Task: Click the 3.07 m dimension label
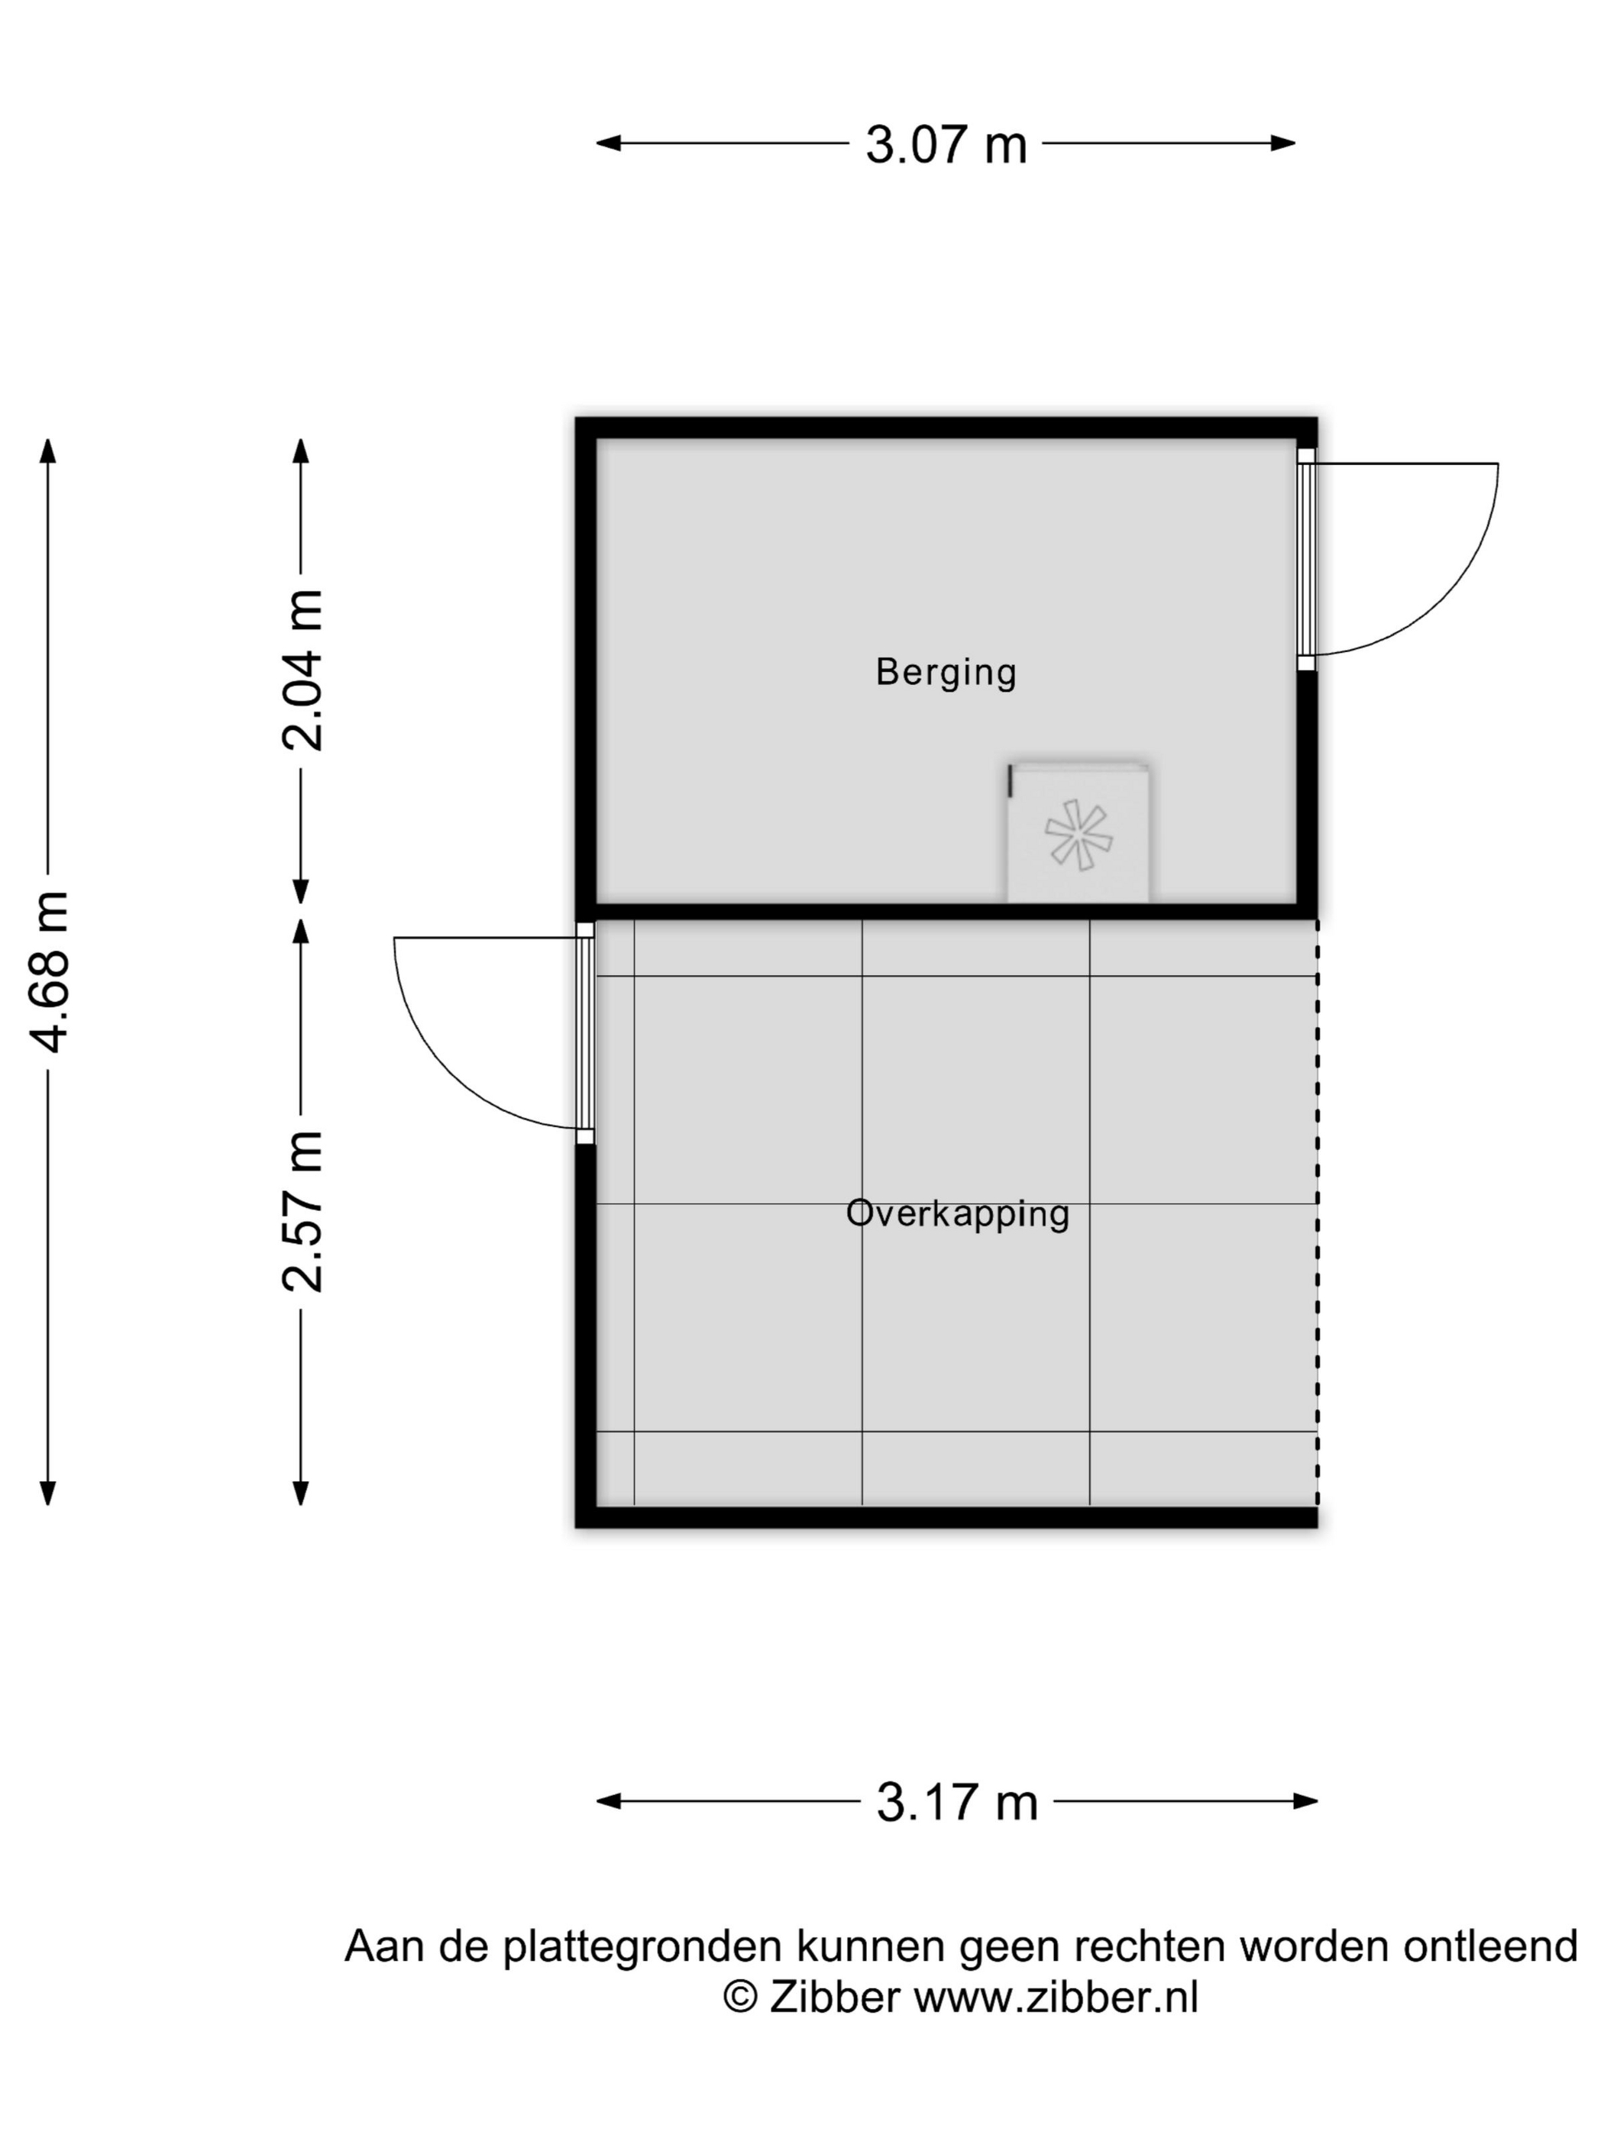(945, 145)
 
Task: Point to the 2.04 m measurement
(302, 670)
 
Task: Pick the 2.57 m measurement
(302, 1210)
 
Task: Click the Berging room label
(946, 673)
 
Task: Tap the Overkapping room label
(957, 1214)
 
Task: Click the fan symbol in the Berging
(1077, 833)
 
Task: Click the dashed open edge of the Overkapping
(1317, 1211)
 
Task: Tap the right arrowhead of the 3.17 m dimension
(1306, 1801)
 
